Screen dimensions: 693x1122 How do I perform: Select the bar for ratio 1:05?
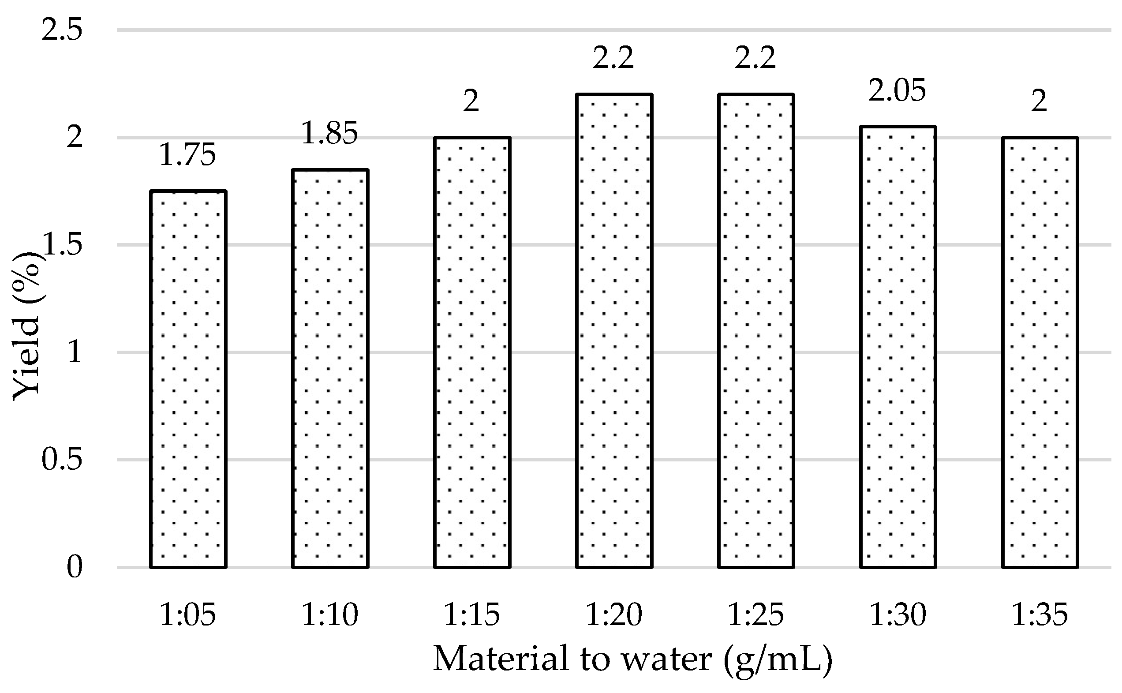coord(188,379)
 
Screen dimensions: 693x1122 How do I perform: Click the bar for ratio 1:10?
coord(330,369)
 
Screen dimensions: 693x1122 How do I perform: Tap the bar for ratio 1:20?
coord(614,331)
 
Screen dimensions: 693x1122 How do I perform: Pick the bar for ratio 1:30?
coord(898,347)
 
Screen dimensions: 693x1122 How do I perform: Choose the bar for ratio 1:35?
coord(1040,352)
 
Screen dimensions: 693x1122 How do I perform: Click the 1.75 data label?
coord(187,155)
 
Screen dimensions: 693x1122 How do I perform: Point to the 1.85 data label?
coord(329,133)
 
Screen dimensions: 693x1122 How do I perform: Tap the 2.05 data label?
coord(897,91)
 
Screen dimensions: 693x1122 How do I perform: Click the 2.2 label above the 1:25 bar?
coord(755,58)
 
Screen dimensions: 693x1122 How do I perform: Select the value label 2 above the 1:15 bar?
coord(471,101)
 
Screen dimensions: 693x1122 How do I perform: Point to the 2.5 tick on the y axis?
coord(62,30)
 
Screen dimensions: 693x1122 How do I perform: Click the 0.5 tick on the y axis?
coord(62,459)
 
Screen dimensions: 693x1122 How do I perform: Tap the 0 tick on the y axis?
coord(74,567)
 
